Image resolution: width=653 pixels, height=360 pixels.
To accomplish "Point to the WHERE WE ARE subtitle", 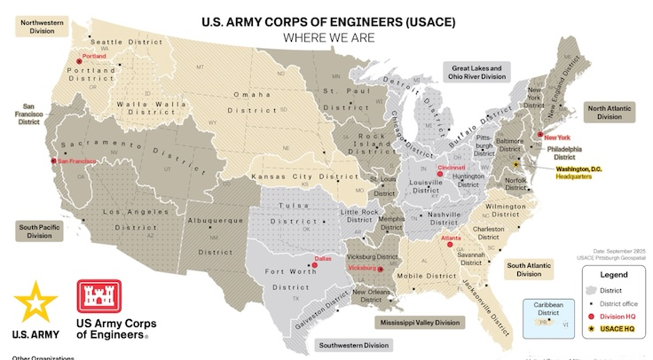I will tap(327, 38).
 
